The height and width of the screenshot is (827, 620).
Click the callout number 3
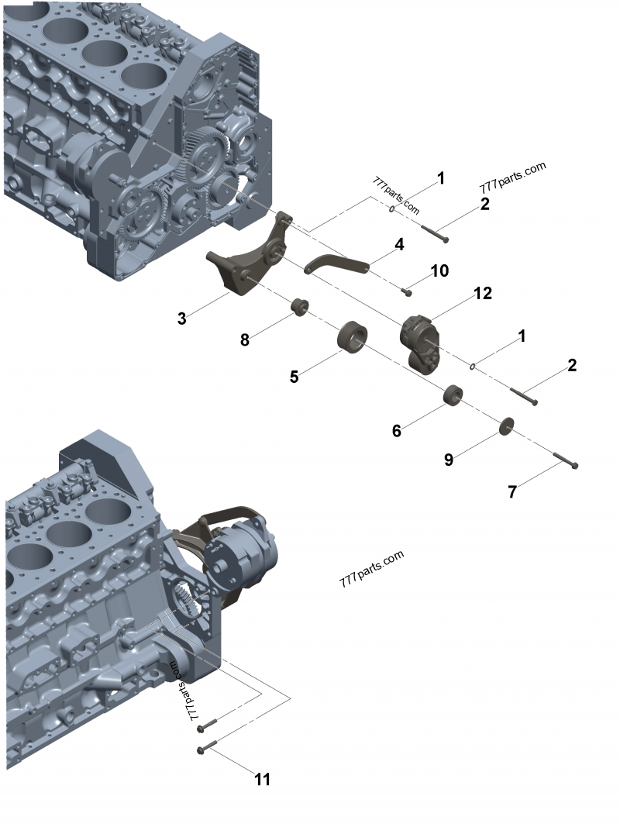(x=181, y=319)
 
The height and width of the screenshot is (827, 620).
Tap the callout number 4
(x=399, y=244)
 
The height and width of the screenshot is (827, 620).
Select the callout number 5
(x=294, y=377)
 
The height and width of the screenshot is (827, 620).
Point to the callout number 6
(x=396, y=431)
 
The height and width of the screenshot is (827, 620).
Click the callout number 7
(x=511, y=491)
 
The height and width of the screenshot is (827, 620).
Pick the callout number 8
(x=245, y=339)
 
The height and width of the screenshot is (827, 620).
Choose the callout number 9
(x=449, y=460)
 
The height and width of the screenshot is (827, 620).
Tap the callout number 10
(x=439, y=270)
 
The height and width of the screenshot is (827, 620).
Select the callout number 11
(x=263, y=779)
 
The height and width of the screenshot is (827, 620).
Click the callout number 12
(x=483, y=293)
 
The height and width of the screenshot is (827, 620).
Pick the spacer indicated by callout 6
(x=453, y=396)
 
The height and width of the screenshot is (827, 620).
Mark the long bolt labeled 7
(x=565, y=461)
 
